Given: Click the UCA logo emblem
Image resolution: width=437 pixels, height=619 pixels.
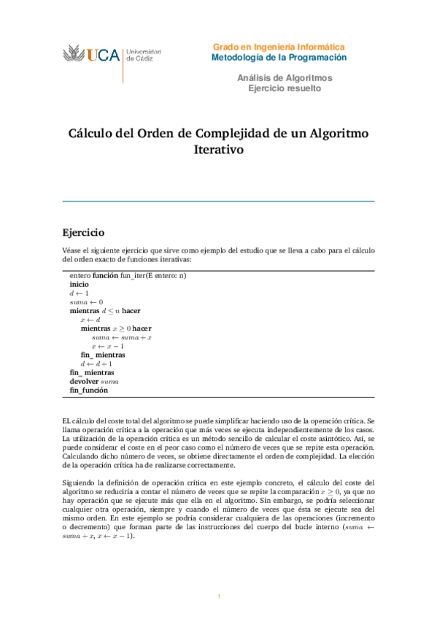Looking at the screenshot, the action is [x=74, y=54].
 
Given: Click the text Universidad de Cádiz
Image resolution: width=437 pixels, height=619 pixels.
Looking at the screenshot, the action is [x=144, y=55].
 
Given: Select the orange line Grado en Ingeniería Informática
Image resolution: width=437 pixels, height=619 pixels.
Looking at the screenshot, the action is [x=279, y=46].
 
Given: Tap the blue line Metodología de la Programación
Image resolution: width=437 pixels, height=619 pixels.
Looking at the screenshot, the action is [x=279, y=57].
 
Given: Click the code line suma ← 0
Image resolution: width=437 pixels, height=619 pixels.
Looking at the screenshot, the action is [x=86, y=301].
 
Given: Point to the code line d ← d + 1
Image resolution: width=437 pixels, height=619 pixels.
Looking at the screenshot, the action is [x=96, y=364].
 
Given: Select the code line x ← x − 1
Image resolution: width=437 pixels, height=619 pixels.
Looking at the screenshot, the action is [x=108, y=346].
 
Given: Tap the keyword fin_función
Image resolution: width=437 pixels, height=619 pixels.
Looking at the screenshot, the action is [x=88, y=391].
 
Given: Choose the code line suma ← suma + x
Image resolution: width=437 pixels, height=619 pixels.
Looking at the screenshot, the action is [x=121, y=337].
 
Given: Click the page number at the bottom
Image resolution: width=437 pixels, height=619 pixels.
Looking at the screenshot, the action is [x=218, y=596].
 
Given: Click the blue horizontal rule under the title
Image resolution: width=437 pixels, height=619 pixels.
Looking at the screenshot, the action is [x=218, y=201].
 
